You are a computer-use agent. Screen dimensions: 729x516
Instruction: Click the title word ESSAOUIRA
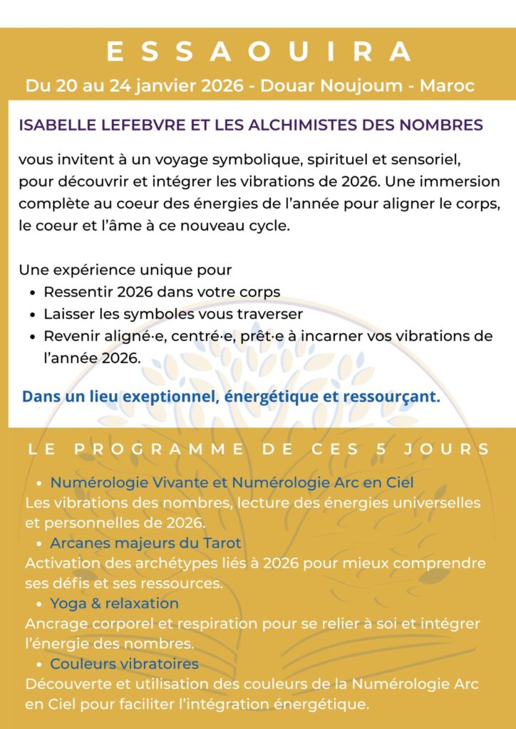click(x=258, y=52)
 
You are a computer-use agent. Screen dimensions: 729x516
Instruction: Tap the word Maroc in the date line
click(x=447, y=86)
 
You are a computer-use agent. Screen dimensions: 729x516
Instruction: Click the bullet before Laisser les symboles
click(x=33, y=314)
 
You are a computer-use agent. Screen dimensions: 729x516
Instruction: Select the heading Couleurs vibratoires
click(x=124, y=664)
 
